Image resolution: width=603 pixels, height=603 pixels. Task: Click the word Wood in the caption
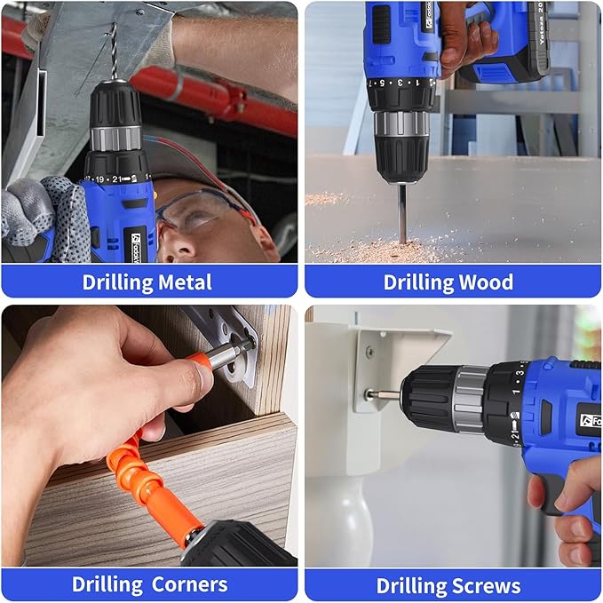click(485, 282)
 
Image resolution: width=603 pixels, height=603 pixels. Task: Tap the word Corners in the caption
click(187, 584)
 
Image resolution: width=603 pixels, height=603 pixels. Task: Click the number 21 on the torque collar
click(115, 179)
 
